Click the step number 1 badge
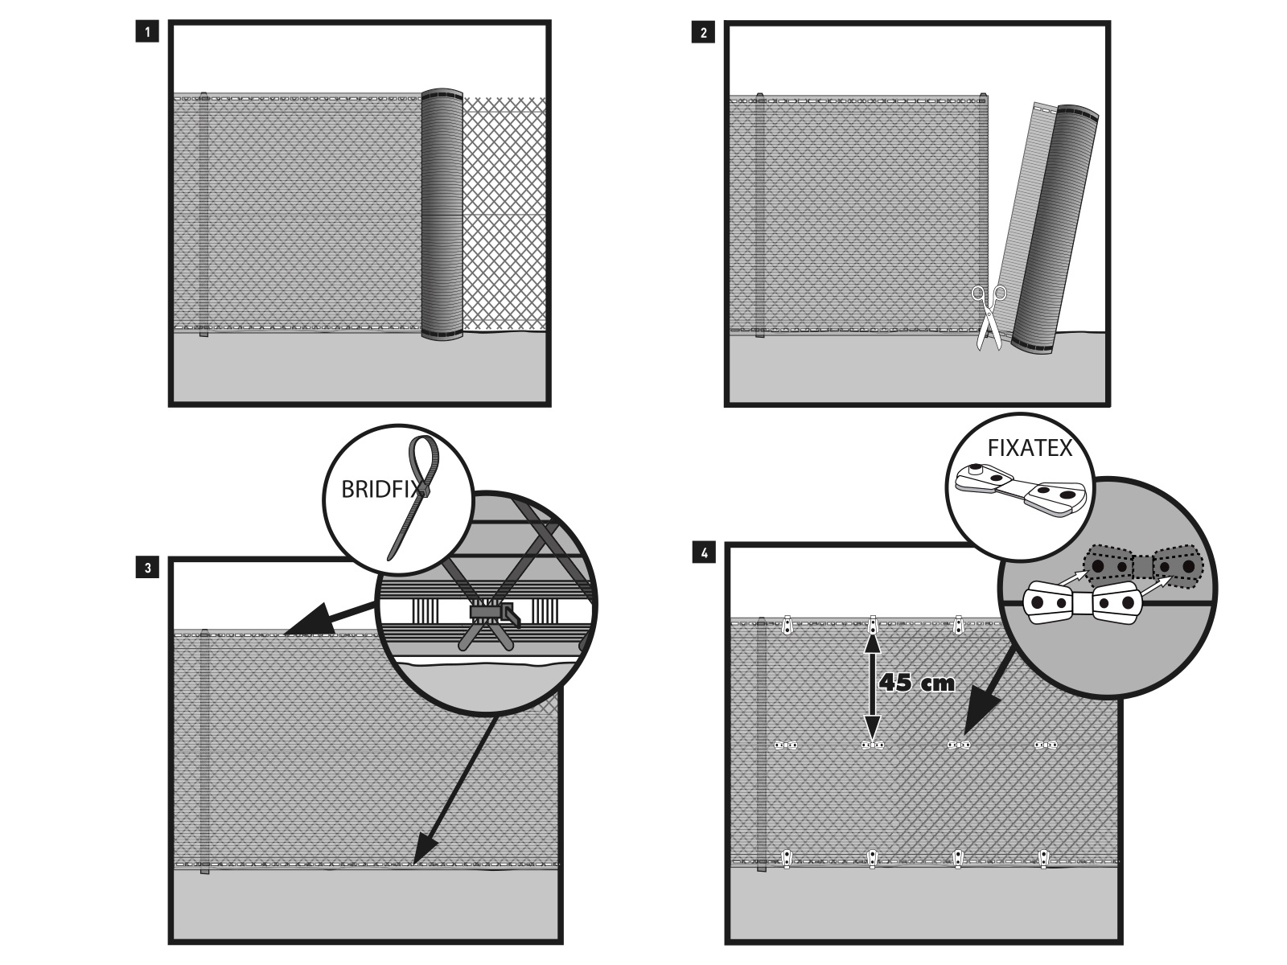[147, 33]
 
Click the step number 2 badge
[704, 33]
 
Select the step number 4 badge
[705, 553]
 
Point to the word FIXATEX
[1030, 449]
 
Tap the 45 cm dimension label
[917, 684]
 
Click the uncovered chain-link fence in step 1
[505, 213]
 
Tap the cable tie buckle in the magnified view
[491, 614]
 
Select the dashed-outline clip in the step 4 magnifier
[1142, 567]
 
